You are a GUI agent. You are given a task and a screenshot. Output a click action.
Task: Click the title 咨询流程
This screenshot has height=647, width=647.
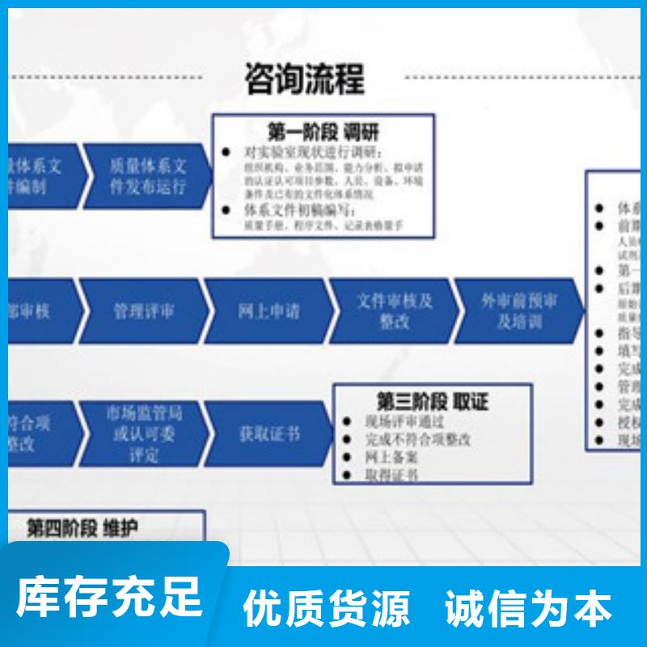tap(304, 78)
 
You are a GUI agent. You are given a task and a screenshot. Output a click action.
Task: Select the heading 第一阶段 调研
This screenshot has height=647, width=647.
tap(323, 132)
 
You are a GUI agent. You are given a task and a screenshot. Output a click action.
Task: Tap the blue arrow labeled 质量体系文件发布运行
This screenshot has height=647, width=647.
tap(147, 176)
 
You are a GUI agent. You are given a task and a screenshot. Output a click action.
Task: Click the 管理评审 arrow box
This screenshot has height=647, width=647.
tap(143, 311)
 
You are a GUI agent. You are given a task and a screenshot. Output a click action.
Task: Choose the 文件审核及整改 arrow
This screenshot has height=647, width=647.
tap(395, 311)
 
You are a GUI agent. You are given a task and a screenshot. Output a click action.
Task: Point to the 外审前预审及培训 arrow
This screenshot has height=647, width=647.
tap(518, 311)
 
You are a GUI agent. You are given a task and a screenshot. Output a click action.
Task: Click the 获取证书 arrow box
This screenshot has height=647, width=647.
tap(269, 434)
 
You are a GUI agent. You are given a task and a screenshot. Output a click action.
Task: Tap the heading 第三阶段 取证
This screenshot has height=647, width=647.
tap(433, 401)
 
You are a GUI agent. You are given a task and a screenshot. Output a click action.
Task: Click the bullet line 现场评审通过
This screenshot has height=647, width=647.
tap(404, 421)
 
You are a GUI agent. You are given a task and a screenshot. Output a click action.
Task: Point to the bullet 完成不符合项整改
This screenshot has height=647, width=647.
tap(417, 439)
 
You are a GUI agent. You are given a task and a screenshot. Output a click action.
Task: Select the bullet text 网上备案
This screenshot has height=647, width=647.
tap(391, 457)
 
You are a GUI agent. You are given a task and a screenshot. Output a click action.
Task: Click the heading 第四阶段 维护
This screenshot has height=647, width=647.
tap(82, 529)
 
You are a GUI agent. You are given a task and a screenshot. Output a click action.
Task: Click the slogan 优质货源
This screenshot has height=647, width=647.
tap(327, 607)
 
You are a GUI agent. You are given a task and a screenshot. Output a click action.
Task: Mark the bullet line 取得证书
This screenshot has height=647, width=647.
tap(391, 475)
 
